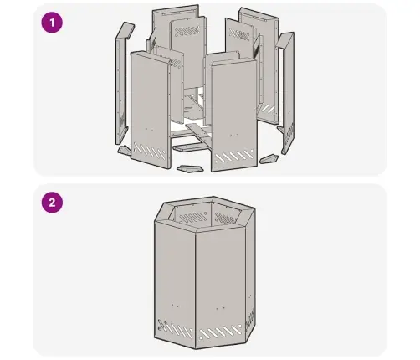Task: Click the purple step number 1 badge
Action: pyautogui.click(x=52, y=23)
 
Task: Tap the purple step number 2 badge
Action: pyautogui.click(x=52, y=203)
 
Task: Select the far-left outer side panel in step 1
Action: pyautogui.click(x=122, y=84)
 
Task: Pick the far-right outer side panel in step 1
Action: pyautogui.click(x=285, y=92)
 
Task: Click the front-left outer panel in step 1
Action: pyautogui.click(x=151, y=111)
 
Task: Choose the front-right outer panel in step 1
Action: pyautogui.click(x=233, y=115)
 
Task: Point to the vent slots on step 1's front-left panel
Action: pyautogui.click(x=150, y=152)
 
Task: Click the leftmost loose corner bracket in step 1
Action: pyautogui.click(x=124, y=151)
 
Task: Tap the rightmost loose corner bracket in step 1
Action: pyautogui.click(x=269, y=159)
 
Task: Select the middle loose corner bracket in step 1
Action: pyautogui.click(x=190, y=168)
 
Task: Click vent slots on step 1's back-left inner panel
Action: pyautogui.click(x=187, y=31)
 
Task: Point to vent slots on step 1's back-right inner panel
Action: pyautogui.click(x=238, y=34)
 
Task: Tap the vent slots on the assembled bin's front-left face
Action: pyautogui.click(x=175, y=328)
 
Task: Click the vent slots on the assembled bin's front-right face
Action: pyautogui.click(x=221, y=332)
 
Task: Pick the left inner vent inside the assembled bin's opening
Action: pyautogui.click(x=192, y=218)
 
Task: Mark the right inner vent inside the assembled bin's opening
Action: pyautogui.click(x=225, y=219)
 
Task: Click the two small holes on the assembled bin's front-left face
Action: pyautogui.click(x=175, y=306)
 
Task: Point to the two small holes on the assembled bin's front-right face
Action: pyautogui.click(x=220, y=308)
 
